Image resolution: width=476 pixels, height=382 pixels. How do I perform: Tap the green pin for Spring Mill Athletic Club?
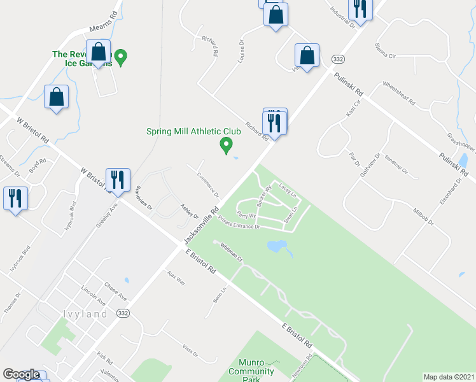[225, 146]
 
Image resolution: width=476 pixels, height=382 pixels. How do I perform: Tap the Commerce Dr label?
[208, 185]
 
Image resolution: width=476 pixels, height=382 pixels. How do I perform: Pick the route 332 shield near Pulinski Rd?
[338, 59]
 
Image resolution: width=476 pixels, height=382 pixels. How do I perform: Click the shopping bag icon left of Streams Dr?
[57, 97]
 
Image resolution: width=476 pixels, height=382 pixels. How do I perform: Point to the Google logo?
[21, 374]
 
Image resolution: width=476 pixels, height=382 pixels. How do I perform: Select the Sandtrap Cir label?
[396, 163]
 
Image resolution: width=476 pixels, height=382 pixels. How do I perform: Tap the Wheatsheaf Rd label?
[398, 94]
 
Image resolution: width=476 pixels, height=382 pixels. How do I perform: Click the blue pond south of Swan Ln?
[276, 245]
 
